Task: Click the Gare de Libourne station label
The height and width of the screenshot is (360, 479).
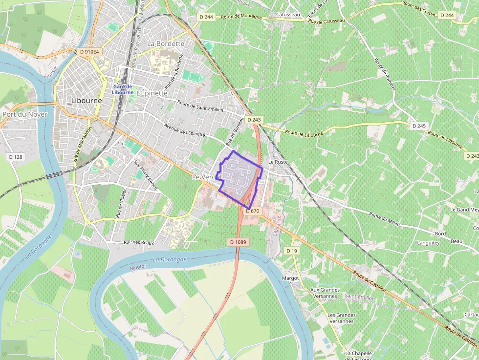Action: click(122, 89)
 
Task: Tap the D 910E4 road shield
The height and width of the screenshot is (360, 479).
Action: click(89, 51)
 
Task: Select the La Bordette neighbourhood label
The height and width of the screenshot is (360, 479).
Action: click(166, 43)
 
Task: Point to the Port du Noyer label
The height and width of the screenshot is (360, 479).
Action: click(24, 114)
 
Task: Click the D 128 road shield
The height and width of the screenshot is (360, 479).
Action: click(16, 157)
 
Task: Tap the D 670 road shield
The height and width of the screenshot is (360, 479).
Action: click(253, 211)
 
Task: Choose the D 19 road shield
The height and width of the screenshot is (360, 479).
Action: click(291, 251)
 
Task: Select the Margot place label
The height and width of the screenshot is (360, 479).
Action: click(290, 278)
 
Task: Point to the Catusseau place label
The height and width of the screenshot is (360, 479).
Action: click(287, 15)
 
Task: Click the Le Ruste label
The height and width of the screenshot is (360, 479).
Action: click(278, 162)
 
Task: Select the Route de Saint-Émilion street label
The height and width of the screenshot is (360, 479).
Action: click(200, 106)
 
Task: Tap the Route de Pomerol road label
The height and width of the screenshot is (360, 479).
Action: click(384, 75)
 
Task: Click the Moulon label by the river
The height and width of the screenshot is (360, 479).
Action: click(138, 267)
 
